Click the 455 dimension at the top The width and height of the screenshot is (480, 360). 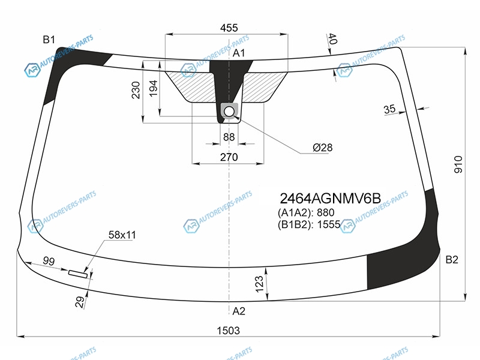click(229, 28)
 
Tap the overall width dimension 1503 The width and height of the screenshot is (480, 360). click(229, 331)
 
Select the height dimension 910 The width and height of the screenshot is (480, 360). click(458, 164)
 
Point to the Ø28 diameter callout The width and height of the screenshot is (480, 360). click(323, 148)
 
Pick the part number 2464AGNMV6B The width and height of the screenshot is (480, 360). click(331, 199)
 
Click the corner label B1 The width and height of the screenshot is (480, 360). click(49, 40)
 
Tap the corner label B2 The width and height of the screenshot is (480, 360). click(452, 260)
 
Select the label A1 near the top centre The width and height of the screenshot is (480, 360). click(239, 53)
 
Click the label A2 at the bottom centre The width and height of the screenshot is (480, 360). click(239, 311)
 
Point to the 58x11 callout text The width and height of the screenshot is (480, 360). click(122, 235)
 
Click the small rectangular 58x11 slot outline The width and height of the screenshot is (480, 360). click(78, 274)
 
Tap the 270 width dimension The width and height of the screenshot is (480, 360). click(229, 157)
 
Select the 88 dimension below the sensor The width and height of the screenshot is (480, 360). click(229, 137)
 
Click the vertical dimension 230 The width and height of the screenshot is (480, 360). click(136, 90)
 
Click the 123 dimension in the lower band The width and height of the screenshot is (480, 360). click(259, 284)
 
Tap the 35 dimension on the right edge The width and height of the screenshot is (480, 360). click(389, 109)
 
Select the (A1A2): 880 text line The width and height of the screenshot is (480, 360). click(306, 212)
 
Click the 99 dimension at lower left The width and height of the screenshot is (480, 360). click(49, 261)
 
